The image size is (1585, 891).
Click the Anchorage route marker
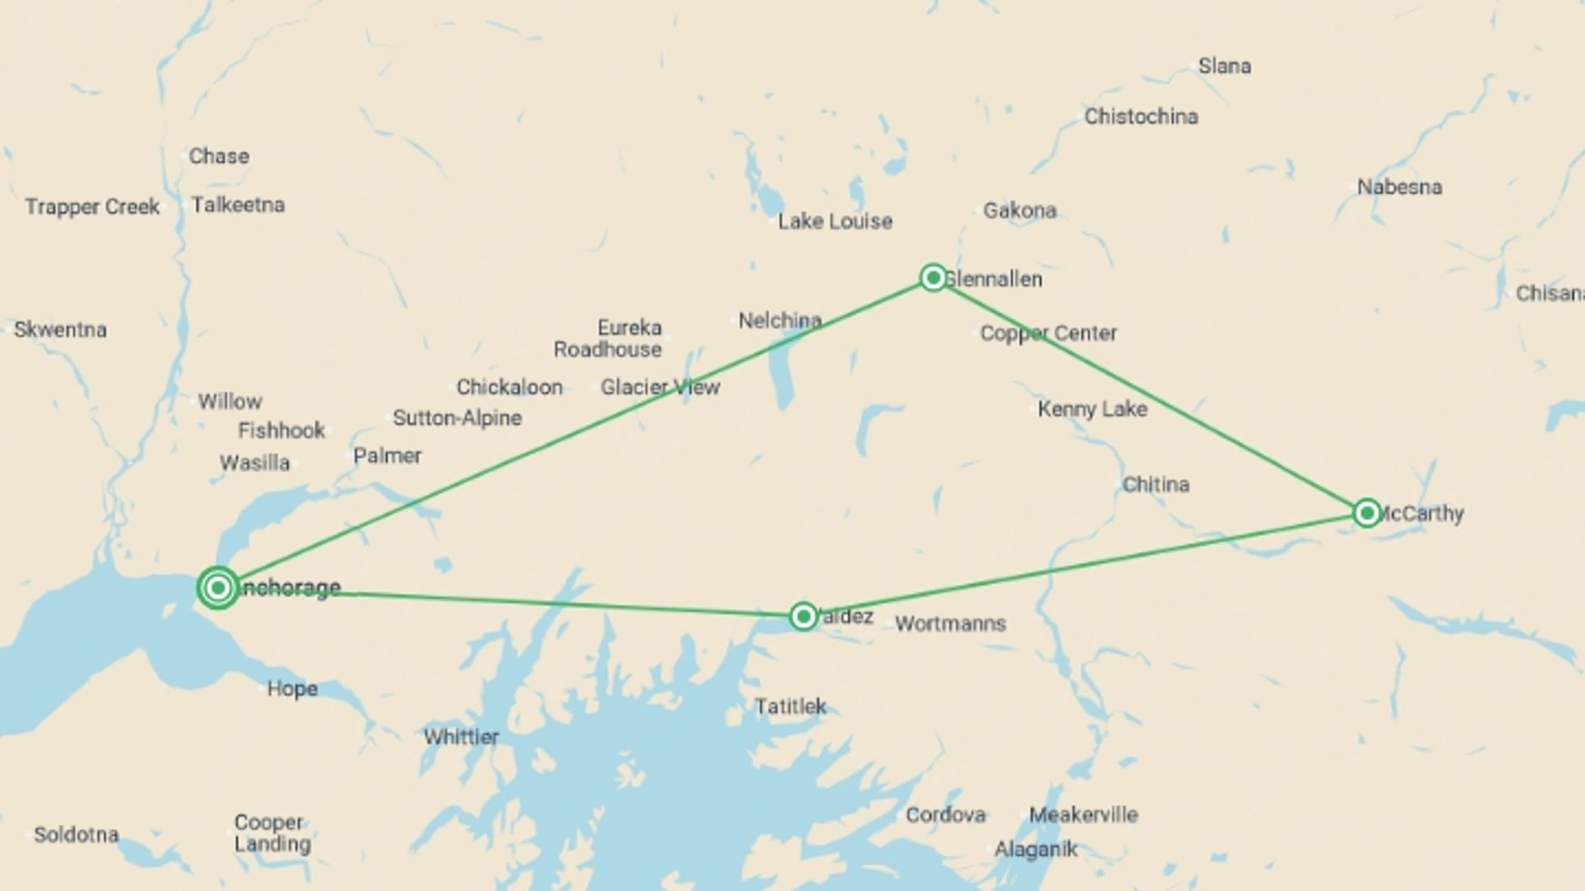218,587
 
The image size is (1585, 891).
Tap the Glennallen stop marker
933,277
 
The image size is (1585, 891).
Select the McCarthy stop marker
1367,513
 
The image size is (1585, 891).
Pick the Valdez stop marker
803,616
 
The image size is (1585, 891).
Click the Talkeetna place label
238,205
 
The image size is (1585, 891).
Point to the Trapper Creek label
92,206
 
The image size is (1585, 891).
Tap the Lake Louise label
835,221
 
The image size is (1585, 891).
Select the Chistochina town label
1141,116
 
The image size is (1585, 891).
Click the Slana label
1224,66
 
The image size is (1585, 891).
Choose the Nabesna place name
1399,187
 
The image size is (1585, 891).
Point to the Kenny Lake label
1092,408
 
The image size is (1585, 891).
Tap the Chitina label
1156,484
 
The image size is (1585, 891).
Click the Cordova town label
945,815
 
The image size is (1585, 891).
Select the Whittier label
461,737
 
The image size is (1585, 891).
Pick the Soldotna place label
76,834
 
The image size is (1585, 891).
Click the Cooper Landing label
272,833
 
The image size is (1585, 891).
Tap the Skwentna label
60,330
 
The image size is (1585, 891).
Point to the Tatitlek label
790,706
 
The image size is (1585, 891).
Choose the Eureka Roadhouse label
608,338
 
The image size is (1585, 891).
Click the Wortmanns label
950,624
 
